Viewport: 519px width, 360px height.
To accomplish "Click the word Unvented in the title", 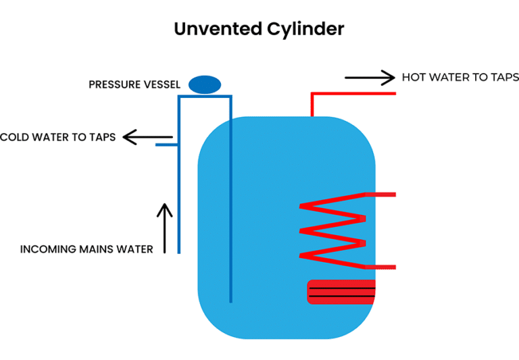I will (216, 29).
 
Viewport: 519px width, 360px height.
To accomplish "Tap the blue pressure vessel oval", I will (204, 84).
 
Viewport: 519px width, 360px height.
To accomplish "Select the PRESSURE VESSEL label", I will (134, 85).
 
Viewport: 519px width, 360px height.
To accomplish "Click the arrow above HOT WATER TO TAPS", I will (370, 78).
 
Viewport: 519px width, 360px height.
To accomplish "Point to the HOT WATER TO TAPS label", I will (460, 78).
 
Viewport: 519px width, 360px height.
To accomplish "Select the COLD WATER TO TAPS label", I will (58, 137).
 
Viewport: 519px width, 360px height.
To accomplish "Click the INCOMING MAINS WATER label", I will (86, 249).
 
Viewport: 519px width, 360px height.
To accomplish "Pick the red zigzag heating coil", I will (333, 230).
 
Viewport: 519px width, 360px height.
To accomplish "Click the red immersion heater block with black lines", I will (341, 292).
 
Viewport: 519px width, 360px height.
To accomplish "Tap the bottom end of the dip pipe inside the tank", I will (230, 300).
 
